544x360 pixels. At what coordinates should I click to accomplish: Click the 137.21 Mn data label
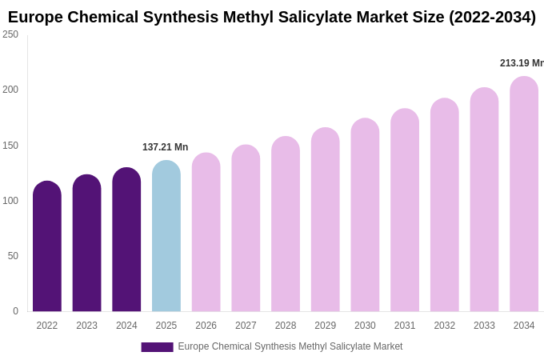165,147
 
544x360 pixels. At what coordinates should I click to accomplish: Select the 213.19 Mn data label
522,63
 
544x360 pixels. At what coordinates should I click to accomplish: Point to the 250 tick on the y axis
10,34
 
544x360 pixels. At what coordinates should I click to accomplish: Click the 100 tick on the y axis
10,201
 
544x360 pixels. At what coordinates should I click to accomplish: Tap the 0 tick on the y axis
15,311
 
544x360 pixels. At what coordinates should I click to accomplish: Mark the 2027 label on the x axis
246,326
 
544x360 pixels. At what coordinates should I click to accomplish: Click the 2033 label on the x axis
484,326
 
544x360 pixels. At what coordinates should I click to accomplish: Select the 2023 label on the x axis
86,326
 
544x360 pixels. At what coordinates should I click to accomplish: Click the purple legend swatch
157,347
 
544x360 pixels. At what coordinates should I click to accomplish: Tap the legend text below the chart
290,346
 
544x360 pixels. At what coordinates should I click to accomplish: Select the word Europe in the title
35,17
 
